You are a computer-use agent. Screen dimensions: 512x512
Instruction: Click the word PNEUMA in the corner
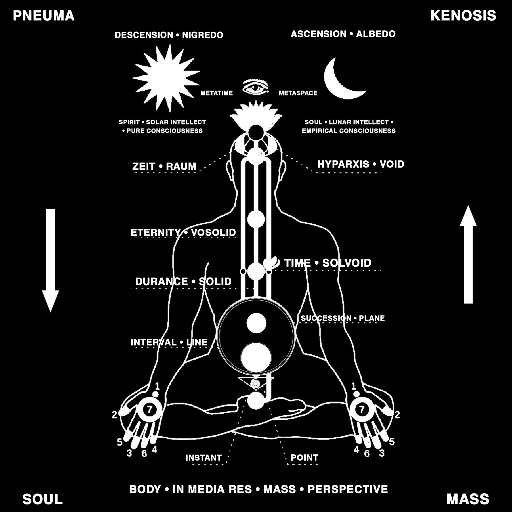(x=44, y=16)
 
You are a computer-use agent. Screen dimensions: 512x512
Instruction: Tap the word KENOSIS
(x=463, y=16)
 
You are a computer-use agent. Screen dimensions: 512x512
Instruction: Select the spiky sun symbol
(x=166, y=78)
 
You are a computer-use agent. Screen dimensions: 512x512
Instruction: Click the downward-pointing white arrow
(x=50, y=260)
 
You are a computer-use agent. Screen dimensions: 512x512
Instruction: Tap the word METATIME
(x=216, y=93)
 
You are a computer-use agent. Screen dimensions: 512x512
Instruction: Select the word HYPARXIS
(x=343, y=164)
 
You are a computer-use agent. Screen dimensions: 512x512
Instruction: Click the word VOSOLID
(x=213, y=233)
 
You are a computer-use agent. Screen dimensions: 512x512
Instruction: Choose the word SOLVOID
(x=347, y=263)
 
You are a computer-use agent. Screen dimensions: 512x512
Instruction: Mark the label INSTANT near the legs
(x=203, y=458)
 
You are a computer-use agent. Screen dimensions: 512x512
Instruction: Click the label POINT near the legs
(x=304, y=458)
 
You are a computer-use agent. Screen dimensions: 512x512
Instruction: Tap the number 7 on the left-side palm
(x=150, y=410)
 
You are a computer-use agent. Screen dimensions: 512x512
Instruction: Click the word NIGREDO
(x=202, y=35)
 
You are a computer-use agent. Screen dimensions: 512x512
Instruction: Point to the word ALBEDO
(x=375, y=34)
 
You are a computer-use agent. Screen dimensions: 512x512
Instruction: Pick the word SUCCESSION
(x=326, y=318)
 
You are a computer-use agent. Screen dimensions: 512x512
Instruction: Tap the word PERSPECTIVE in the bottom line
(x=348, y=489)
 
